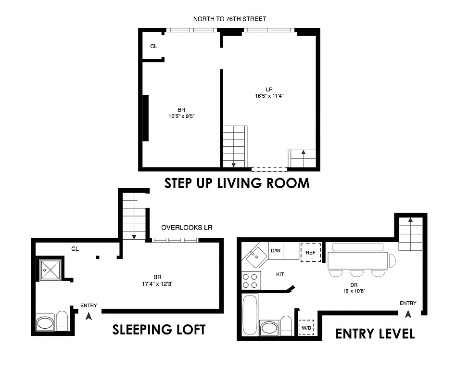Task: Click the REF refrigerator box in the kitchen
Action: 311,252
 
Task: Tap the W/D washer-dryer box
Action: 306,328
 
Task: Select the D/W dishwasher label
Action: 276,251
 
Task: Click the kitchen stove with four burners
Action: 250,280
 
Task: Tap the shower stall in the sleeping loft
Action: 50,270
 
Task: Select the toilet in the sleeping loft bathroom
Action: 62,321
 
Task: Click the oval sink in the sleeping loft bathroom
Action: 46,322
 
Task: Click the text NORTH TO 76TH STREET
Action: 229,19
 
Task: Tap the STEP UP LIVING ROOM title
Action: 237,183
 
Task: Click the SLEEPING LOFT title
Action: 159,330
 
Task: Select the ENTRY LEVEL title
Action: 375,334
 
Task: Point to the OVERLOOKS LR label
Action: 187,228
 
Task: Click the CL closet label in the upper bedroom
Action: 153,47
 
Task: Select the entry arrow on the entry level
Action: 408,314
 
